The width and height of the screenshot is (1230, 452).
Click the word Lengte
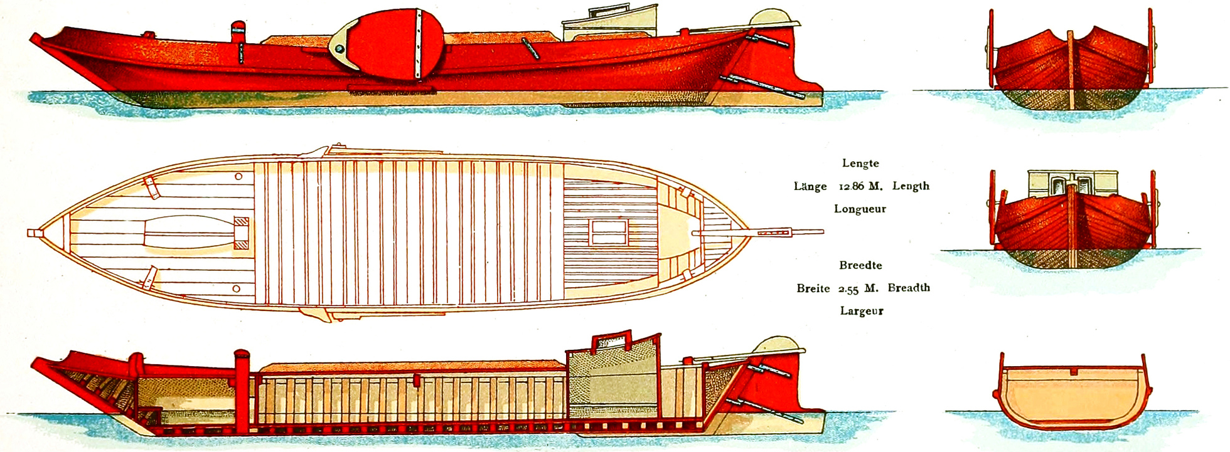click(860, 164)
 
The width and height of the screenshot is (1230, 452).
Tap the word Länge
click(810, 186)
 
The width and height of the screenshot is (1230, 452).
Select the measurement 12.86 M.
click(860, 187)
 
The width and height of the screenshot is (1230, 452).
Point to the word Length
click(911, 186)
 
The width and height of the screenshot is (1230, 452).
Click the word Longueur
click(860, 209)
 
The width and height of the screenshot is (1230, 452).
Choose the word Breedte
click(860, 265)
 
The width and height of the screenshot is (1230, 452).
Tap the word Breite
click(813, 288)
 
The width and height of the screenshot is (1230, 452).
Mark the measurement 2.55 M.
click(858, 289)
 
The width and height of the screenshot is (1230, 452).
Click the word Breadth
click(909, 288)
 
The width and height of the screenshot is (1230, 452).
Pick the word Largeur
click(862, 311)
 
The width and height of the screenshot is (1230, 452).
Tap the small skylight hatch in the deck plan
click(608, 233)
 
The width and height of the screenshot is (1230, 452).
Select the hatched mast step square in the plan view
click(241, 233)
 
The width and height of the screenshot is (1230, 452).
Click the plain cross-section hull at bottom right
click(1072, 395)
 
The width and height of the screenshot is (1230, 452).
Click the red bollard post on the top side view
click(238, 33)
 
